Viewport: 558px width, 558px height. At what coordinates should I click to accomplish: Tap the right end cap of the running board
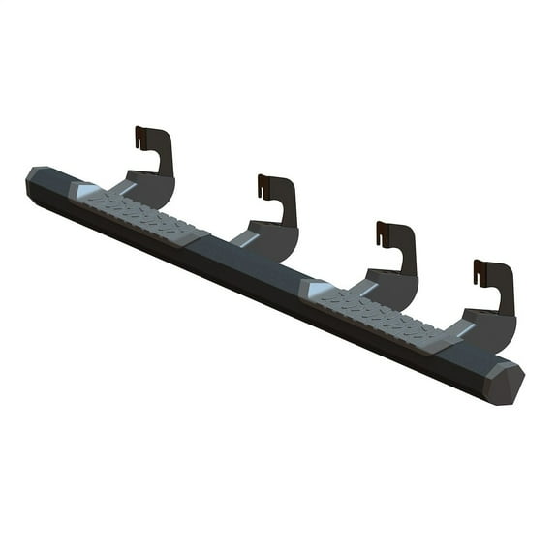pyautogui.click(x=503, y=382)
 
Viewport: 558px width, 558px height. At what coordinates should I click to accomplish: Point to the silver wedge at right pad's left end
pyautogui.click(x=318, y=288)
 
